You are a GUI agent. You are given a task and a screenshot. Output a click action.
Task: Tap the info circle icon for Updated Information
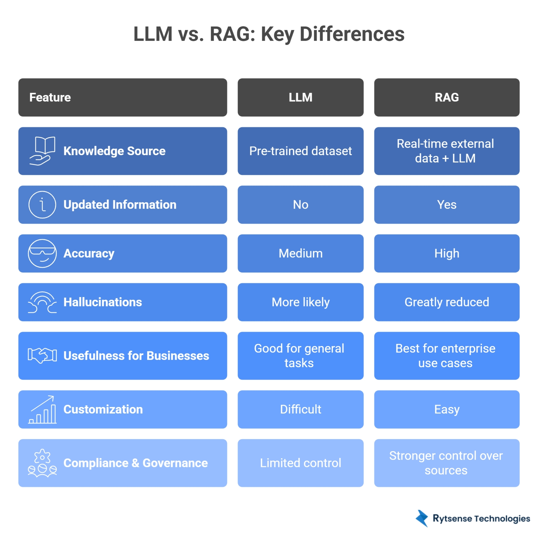pos(42,205)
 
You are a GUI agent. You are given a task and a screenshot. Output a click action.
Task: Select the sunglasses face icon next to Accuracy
pos(42,253)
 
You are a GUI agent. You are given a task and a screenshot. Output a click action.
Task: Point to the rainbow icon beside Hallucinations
pos(42,302)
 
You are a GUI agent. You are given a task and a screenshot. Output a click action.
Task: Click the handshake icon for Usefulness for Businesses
pos(42,356)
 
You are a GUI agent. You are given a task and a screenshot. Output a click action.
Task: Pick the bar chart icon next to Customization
pos(42,409)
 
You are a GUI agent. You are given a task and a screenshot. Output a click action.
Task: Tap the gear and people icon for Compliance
pos(42,463)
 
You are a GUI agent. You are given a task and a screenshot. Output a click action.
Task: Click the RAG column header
pos(447,97)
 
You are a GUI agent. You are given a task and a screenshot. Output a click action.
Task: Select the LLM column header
pos(300,97)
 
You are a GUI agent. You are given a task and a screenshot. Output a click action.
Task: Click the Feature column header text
pos(50,97)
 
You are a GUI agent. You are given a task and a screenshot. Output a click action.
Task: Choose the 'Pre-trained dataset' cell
pos(300,151)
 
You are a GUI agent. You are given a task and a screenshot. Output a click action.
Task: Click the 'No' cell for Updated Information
pos(300,205)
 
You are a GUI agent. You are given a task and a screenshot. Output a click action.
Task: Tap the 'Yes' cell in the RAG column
pos(447,205)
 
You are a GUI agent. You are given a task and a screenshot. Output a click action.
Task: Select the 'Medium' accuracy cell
pos(300,253)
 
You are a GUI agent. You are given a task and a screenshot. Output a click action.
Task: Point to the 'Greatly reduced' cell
pos(447,302)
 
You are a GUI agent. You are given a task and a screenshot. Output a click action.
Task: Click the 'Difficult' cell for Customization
pos(300,409)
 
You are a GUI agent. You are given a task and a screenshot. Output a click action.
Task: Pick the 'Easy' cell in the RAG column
pos(447,409)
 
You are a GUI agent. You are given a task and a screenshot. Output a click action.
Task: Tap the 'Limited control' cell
pos(300,463)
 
